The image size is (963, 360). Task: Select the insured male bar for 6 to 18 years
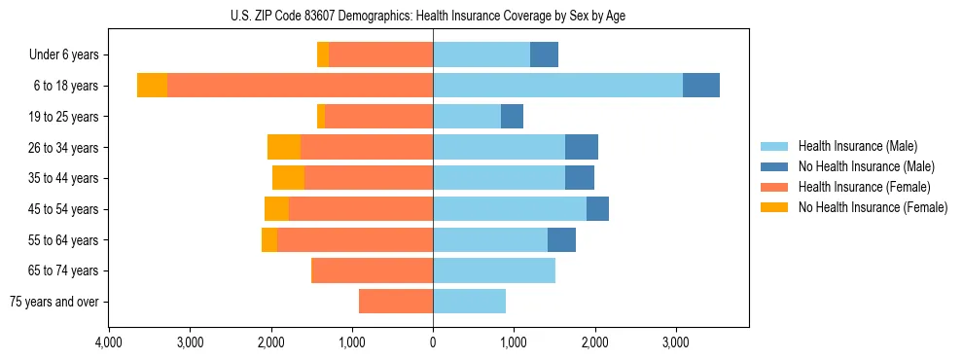(557, 86)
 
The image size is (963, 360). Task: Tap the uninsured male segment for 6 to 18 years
(701, 86)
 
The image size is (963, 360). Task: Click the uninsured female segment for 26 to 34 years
(284, 147)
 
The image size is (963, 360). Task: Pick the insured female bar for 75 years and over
(396, 302)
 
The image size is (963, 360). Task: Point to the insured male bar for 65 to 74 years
(494, 270)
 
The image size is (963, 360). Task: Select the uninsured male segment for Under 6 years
(544, 54)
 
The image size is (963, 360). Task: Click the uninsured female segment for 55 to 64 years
(269, 239)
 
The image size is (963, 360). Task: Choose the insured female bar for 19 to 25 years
(379, 117)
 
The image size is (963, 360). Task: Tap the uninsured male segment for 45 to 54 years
(597, 209)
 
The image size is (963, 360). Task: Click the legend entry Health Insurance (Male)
(857, 146)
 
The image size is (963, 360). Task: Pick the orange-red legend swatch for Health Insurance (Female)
(774, 187)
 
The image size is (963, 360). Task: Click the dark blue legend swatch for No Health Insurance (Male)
(774, 166)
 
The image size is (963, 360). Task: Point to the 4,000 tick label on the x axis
(109, 342)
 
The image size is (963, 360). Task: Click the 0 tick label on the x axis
(433, 342)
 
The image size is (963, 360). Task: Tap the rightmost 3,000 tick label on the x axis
(676, 342)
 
